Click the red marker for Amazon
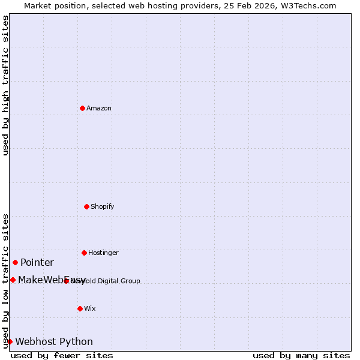tap(82, 108)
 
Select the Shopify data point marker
tap(86, 206)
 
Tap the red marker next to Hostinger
tap(84, 253)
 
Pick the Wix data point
tap(80, 308)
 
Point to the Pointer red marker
tap(15, 262)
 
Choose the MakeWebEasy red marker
tap(13, 280)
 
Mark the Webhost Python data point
tap(10, 341)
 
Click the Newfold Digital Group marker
tap(66, 281)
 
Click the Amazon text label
tap(99, 108)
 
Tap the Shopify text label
tap(103, 206)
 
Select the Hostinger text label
tap(103, 253)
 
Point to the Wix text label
tap(90, 308)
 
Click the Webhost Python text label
tap(54, 341)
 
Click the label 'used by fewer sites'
tap(62, 355)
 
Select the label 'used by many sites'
tap(301, 355)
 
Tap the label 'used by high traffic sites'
tap(5, 85)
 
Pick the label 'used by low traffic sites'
tap(5, 281)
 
